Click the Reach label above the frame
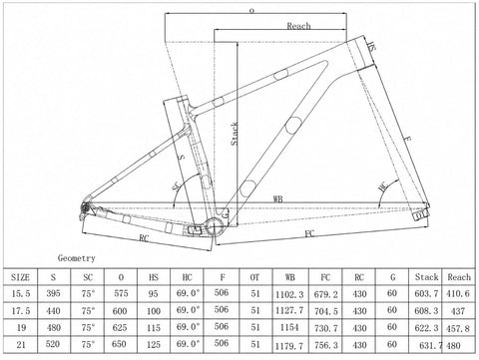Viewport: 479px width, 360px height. click(298, 26)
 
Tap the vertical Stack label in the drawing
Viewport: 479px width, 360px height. click(235, 134)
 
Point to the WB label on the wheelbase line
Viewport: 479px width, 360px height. click(278, 199)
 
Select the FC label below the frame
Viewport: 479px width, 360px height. click(309, 233)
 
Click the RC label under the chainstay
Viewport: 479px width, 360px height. click(144, 238)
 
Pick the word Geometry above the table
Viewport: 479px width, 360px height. click(77, 258)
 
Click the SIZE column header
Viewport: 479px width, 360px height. click(20, 277)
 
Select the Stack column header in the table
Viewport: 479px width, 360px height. click(426, 277)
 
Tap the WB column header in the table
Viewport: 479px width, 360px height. click(289, 277)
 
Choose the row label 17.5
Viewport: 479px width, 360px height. click(21, 310)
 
